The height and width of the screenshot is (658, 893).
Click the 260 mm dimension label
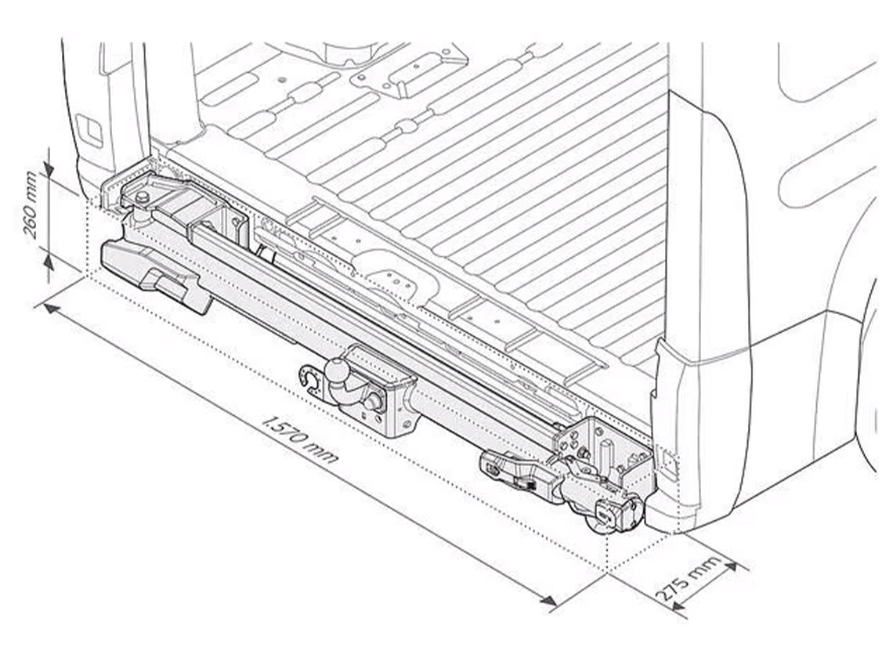click(x=31, y=205)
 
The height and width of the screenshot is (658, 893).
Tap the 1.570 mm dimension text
click(x=300, y=439)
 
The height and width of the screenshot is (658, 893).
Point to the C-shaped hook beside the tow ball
click(x=311, y=378)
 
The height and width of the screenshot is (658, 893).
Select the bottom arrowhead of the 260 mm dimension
click(x=49, y=262)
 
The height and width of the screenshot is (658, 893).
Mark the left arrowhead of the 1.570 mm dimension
click(x=51, y=308)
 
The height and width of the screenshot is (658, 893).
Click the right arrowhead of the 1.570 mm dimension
click(x=548, y=600)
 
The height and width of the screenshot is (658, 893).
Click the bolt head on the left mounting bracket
click(x=142, y=197)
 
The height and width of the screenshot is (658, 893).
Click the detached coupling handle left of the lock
click(x=515, y=473)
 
